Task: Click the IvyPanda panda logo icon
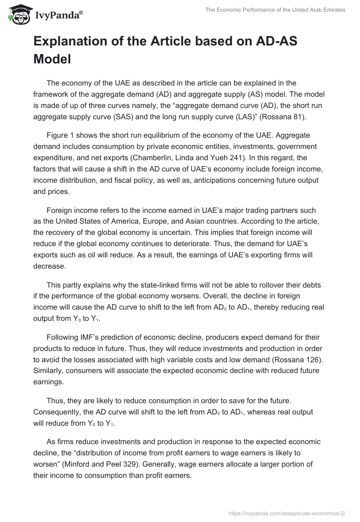(18, 15)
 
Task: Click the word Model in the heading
(52, 59)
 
